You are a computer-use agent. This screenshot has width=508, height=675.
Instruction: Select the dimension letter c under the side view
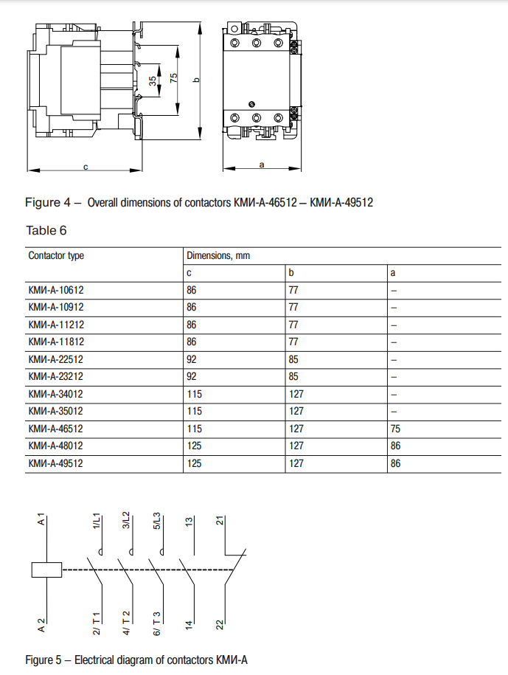(86, 167)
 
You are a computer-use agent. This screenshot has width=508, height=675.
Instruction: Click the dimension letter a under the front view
(262, 164)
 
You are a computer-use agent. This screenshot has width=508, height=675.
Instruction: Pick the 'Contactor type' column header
(56, 256)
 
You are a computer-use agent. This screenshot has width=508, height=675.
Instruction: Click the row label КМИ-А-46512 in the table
(55, 429)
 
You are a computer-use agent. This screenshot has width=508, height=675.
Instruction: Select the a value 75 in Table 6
(396, 429)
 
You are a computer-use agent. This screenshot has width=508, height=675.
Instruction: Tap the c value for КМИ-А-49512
(192, 464)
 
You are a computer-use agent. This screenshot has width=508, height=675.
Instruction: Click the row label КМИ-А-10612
(55, 291)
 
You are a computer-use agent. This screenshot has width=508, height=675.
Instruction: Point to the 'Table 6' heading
(46, 230)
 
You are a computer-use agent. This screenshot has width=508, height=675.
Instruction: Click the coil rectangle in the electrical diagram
(46, 570)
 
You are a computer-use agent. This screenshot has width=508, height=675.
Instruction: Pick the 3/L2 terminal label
(127, 520)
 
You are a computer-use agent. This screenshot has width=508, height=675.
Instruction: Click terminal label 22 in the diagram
(219, 624)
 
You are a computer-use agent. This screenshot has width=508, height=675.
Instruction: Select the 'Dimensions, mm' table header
(218, 256)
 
